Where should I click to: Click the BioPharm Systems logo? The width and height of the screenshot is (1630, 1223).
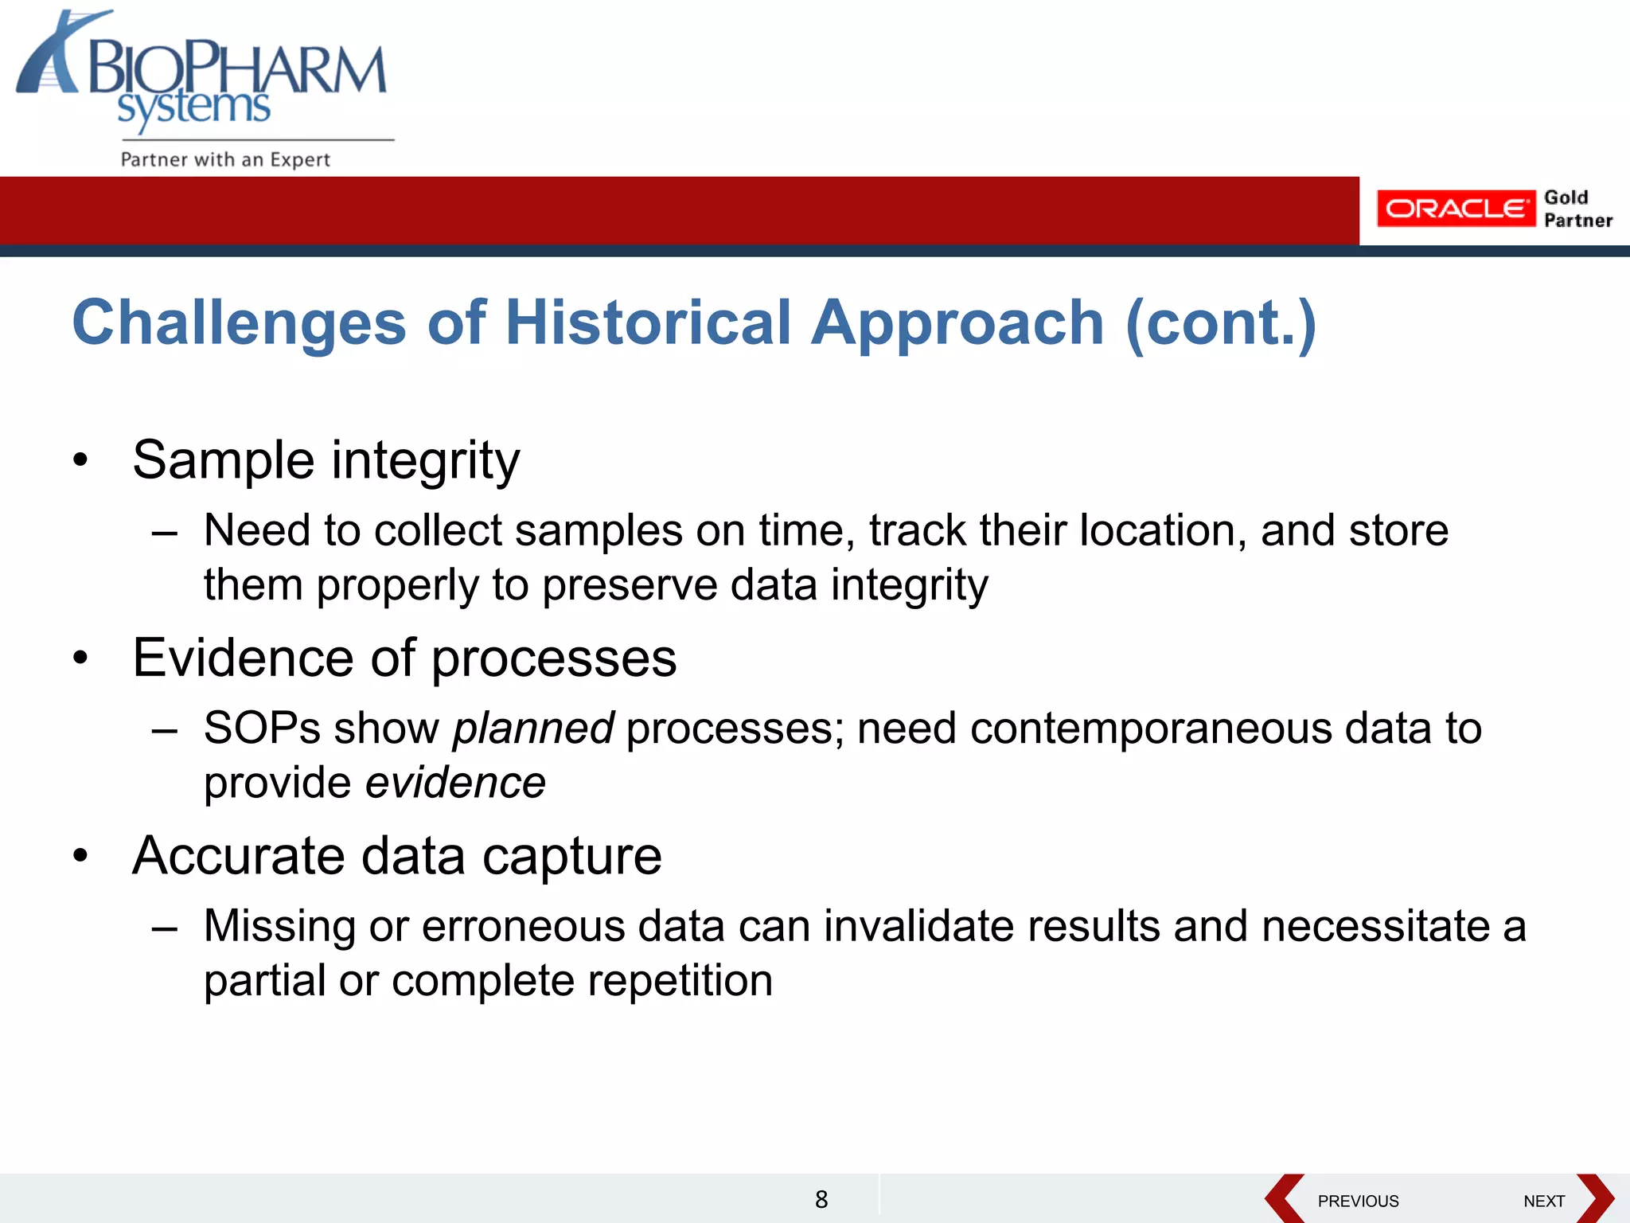203,76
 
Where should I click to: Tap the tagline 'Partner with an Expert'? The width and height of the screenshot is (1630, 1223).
224,159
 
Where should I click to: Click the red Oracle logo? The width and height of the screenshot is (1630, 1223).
1455,209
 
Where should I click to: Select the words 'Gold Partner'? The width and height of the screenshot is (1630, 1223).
1577,209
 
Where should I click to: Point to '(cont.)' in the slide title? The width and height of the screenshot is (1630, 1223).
1221,322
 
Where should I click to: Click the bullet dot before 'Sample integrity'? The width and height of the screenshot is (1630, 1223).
80,460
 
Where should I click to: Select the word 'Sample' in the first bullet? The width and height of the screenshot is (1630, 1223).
224,460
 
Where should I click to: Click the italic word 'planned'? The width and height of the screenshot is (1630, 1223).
532,728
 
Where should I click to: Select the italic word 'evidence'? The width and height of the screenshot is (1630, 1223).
455,782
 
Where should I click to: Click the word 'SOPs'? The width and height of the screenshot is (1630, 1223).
262,728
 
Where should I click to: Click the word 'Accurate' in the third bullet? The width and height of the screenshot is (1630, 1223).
240,856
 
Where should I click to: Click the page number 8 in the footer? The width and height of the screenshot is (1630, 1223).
821,1199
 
